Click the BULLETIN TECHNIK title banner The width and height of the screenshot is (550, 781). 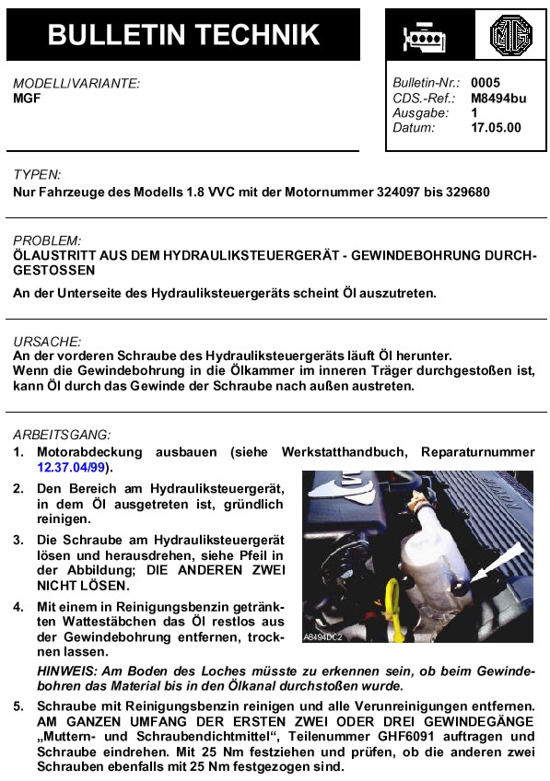183,35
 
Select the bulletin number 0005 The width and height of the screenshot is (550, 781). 485,83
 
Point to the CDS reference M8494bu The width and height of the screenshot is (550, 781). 497,98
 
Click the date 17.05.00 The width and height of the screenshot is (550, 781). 496,127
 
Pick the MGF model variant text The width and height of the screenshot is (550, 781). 27,98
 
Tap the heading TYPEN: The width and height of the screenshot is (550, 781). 37,175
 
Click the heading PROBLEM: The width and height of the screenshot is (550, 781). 47,240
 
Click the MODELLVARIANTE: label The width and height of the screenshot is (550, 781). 76,83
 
